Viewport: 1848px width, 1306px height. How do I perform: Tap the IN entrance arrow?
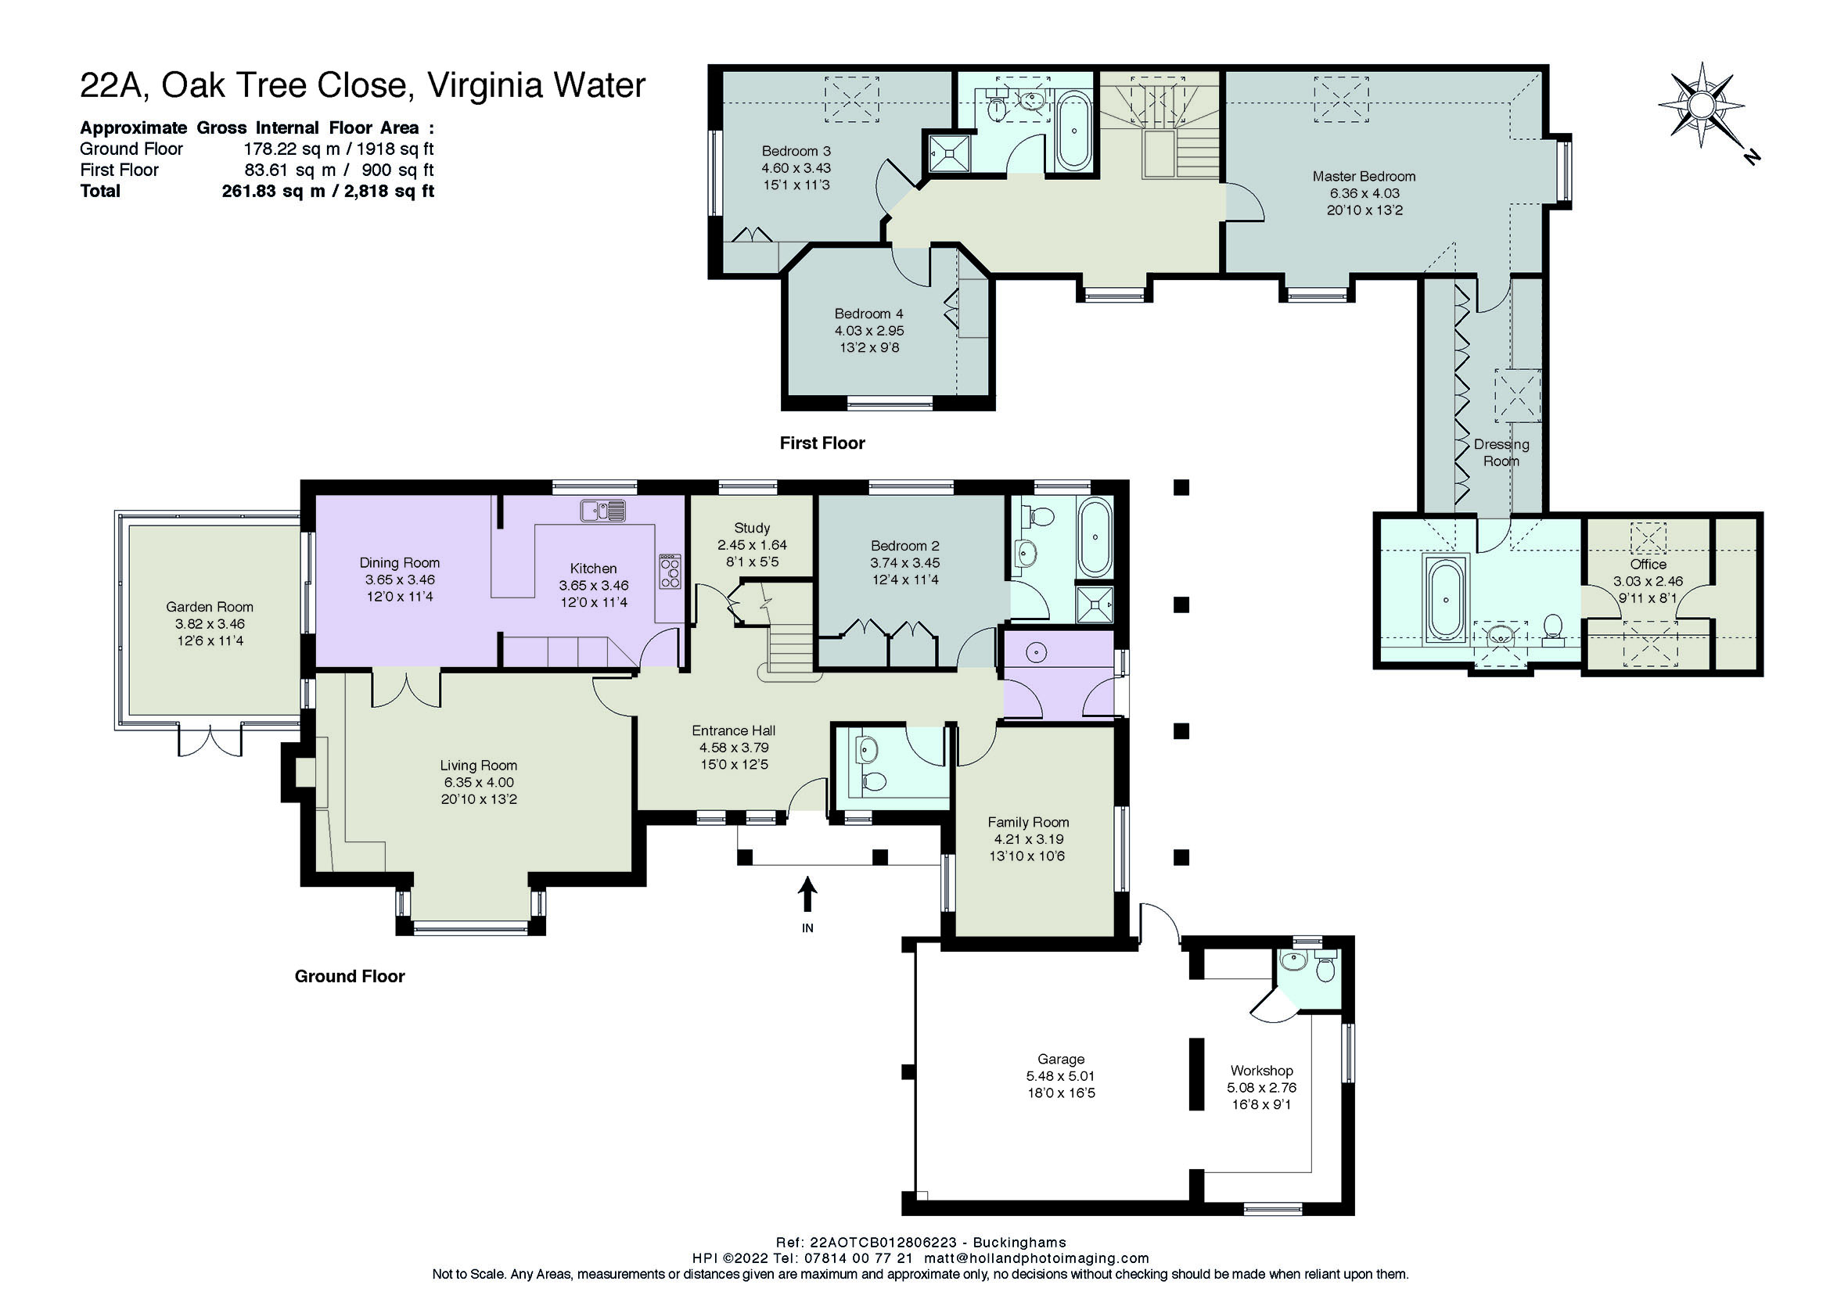(x=807, y=894)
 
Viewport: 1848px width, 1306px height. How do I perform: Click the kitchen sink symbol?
(x=603, y=510)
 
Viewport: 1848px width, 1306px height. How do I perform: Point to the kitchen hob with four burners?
(x=670, y=572)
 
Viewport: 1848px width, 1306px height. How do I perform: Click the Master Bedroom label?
(x=1364, y=176)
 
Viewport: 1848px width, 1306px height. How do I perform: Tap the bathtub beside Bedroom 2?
(x=1095, y=536)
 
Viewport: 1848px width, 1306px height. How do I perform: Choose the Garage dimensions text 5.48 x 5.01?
(x=1061, y=1076)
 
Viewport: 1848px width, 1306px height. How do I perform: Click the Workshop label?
(x=1261, y=1071)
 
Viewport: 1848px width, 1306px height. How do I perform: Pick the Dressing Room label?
(x=1501, y=452)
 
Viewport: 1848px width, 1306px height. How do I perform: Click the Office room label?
(x=1648, y=564)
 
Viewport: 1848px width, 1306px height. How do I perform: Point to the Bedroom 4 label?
(x=868, y=314)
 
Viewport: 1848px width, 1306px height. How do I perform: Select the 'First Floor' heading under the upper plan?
(x=822, y=443)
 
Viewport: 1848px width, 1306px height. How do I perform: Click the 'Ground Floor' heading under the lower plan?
(x=349, y=976)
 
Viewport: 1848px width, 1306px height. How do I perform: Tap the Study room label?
(x=752, y=528)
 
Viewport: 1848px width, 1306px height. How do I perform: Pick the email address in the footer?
(x=1037, y=1258)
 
